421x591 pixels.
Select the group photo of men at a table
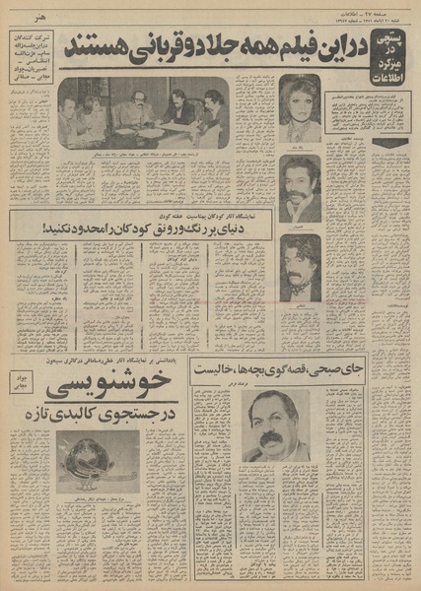click(144, 114)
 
